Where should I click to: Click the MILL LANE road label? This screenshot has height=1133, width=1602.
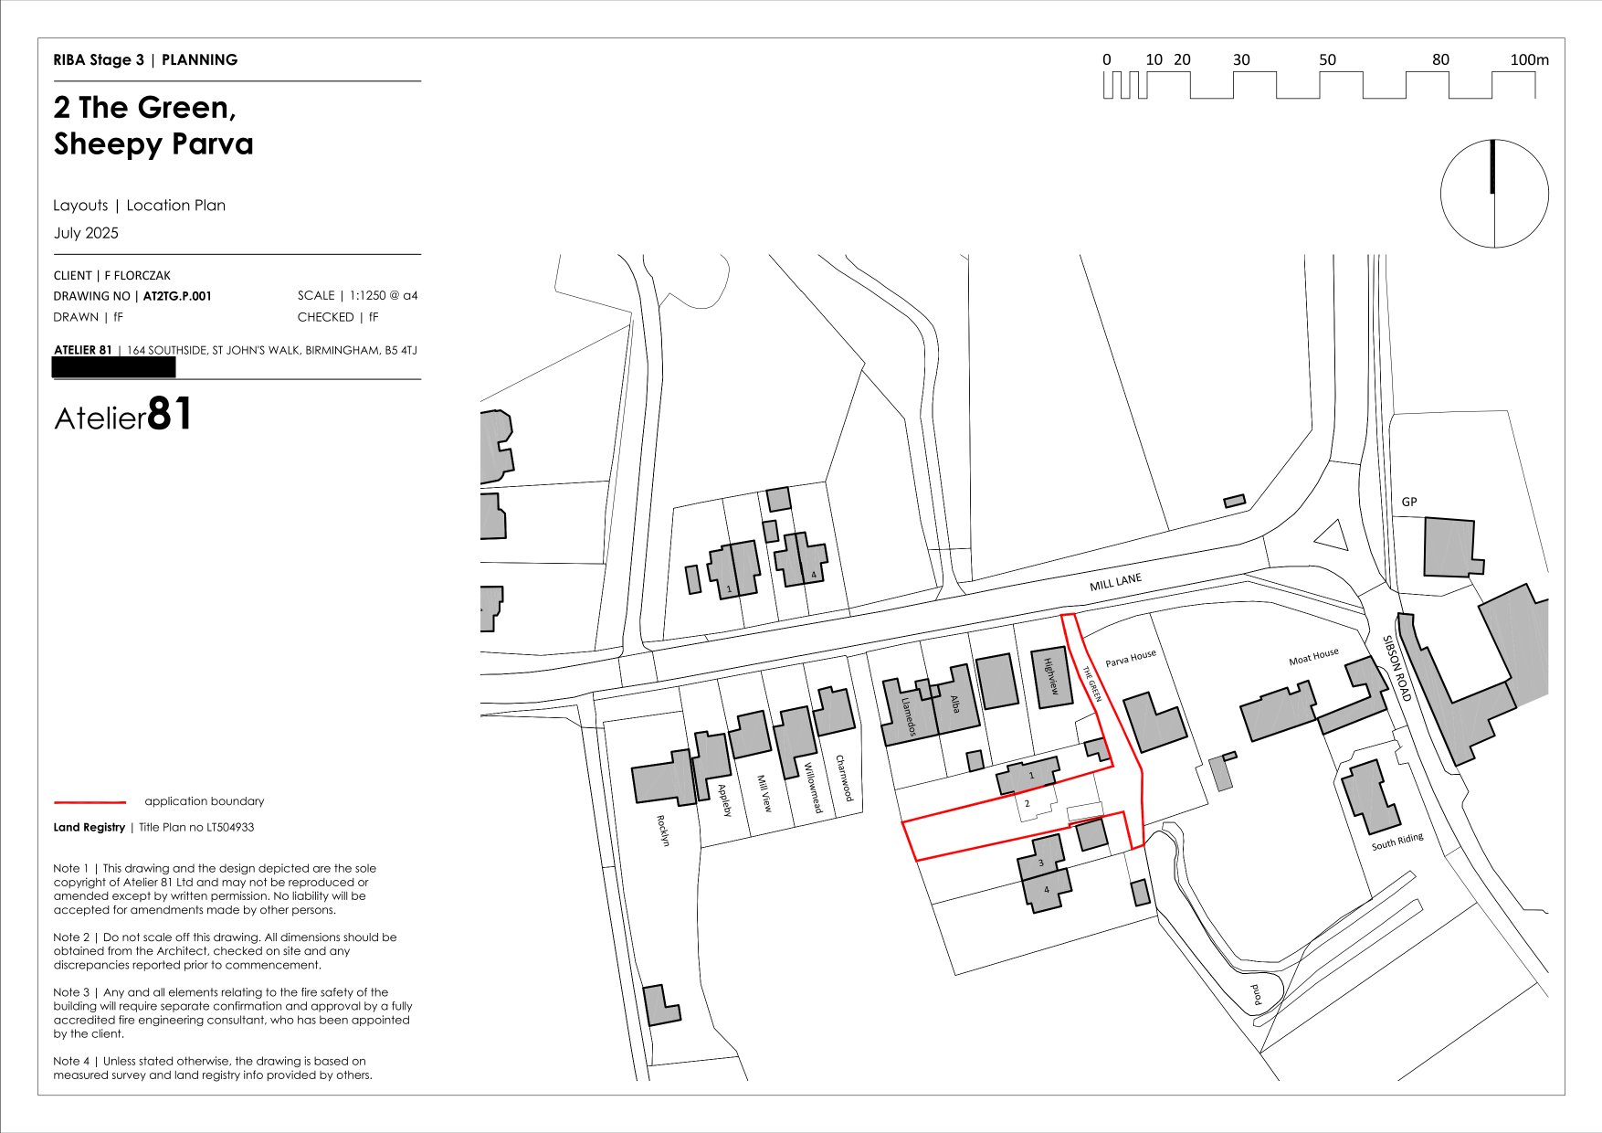[1115, 583]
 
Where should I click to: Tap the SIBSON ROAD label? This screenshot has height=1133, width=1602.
[1396, 669]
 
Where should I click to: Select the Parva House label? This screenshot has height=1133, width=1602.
[1131, 658]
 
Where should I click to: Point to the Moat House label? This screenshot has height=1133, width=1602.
[1313, 657]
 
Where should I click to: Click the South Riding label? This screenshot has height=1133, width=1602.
[1396, 842]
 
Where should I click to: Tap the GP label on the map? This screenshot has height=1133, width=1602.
[1409, 502]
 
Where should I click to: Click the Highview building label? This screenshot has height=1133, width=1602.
[1050, 676]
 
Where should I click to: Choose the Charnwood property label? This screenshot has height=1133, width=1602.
[845, 778]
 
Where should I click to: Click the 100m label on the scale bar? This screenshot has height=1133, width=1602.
[1529, 60]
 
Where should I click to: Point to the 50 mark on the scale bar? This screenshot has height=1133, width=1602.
[1327, 60]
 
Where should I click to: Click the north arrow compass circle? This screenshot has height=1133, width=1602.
[1494, 194]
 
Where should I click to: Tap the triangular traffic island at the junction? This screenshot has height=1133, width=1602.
[1333, 536]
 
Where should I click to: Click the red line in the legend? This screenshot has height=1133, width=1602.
[90, 802]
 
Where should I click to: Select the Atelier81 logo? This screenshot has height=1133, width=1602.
[123, 416]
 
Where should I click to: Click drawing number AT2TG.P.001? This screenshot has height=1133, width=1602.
[177, 296]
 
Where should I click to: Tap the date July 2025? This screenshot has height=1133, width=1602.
[86, 233]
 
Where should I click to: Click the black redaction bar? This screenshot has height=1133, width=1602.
[114, 367]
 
